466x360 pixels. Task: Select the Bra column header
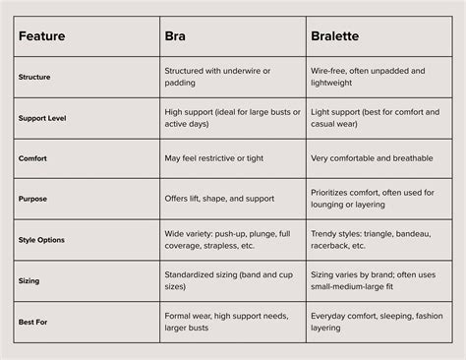(177, 35)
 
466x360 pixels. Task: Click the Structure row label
(35, 77)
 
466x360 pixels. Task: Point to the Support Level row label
(43, 118)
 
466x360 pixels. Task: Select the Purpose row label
(33, 199)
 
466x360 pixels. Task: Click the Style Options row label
(42, 239)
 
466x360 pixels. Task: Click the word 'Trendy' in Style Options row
(324, 232)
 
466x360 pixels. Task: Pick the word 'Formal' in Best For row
(178, 315)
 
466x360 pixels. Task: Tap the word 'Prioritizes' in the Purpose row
(332, 192)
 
